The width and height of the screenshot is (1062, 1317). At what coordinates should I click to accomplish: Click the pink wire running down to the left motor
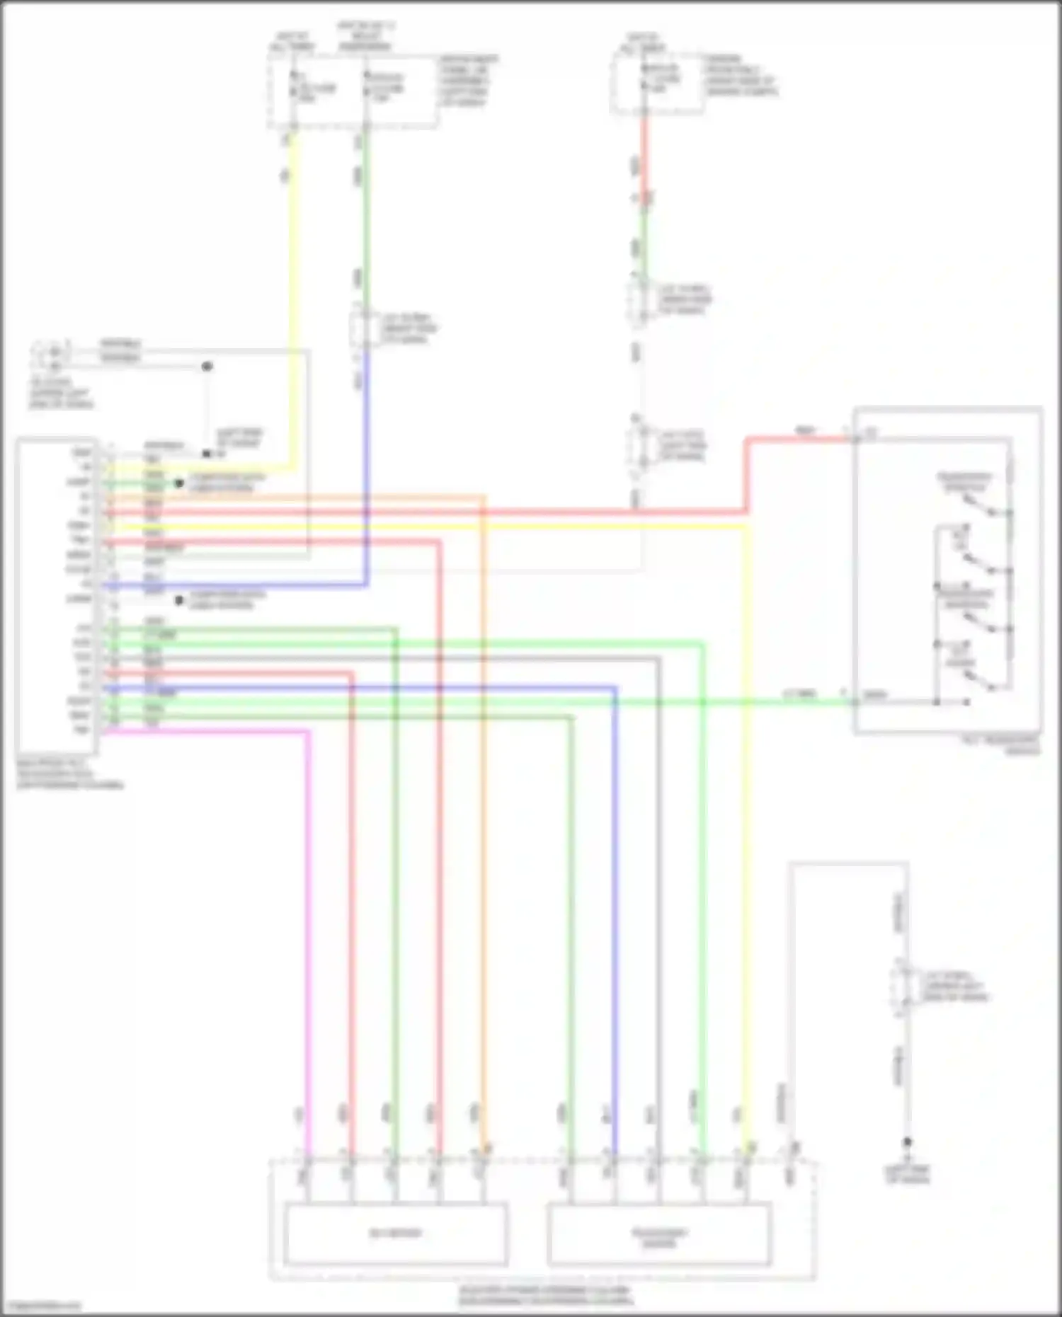[x=309, y=920]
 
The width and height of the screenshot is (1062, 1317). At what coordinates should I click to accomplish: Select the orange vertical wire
[x=484, y=849]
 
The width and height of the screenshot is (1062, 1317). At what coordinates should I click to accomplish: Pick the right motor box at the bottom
[x=659, y=1236]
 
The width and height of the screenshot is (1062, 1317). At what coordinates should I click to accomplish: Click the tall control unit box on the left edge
[x=57, y=587]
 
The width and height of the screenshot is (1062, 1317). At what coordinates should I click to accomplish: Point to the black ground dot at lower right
[x=906, y=1141]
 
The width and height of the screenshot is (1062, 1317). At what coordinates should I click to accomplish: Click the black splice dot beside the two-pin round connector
[x=207, y=367]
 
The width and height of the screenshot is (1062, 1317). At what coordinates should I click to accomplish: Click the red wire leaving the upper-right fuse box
[x=644, y=156]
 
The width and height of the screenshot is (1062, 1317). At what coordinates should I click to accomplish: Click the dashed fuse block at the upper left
[x=352, y=92]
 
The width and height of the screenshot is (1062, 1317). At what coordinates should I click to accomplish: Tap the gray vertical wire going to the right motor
[x=658, y=920]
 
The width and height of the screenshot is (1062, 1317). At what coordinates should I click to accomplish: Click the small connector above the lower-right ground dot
[x=901, y=986]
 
